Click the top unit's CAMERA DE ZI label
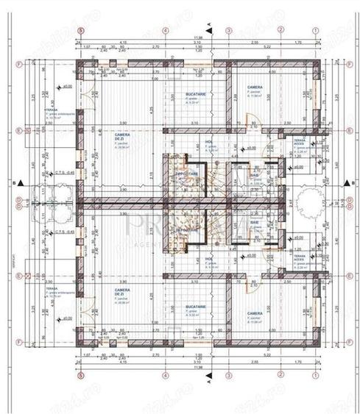click(121, 136)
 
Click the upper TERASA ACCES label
click(300, 141)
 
